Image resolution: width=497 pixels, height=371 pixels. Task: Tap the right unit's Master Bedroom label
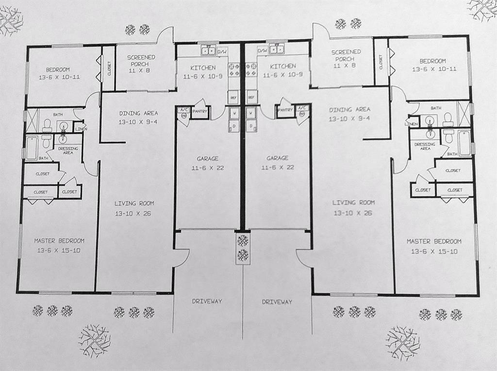tap(434, 241)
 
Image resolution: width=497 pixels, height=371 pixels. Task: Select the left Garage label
tap(207, 158)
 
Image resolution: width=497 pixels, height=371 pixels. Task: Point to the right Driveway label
tap(277, 302)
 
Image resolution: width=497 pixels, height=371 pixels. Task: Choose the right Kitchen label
tap(282, 67)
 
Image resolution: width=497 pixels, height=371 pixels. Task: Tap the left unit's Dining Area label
tap(138, 113)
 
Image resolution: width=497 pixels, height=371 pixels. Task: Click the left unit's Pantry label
tap(200, 111)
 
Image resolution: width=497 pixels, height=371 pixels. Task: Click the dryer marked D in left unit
tap(233, 126)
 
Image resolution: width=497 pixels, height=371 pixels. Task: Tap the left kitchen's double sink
tap(209, 51)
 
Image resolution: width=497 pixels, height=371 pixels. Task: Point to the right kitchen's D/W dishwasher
tap(263, 51)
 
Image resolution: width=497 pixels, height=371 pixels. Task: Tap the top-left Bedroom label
tap(58, 69)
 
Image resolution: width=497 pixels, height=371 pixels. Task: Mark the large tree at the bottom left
tap(94, 339)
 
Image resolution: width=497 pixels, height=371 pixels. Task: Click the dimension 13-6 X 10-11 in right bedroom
tap(434, 69)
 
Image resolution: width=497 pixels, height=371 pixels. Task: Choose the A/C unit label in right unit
tap(302, 108)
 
